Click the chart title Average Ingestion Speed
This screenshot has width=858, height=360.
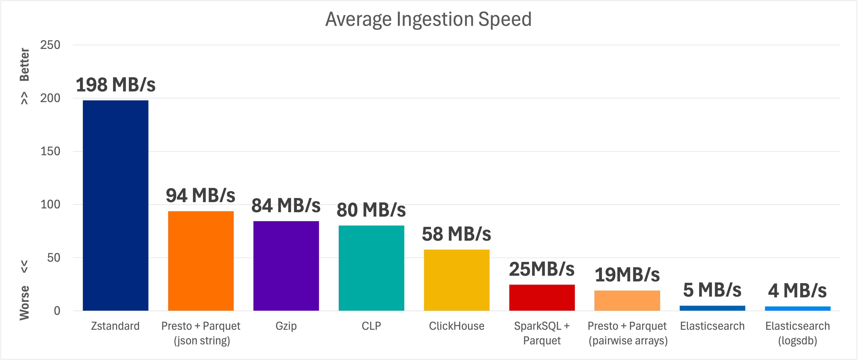click(x=428, y=19)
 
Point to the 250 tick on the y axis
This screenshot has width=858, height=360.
click(x=50, y=45)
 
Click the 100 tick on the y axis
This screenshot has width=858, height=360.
click(x=50, y=204)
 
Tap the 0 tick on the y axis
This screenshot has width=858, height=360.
click(x=57, y=311)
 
